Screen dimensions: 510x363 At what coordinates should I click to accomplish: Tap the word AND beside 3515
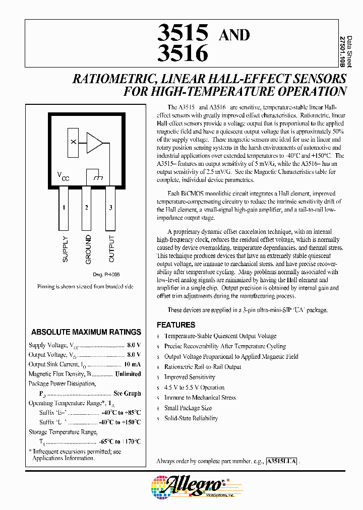click(x=233, y=35)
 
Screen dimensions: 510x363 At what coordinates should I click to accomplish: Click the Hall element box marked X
click(x=74, y=143)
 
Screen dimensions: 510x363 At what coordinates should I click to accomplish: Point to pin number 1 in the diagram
click(x=64, y=208)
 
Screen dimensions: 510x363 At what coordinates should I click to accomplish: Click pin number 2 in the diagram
click(x=87, y=208)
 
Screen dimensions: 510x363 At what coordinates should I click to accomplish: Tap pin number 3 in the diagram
click(x=110, y=208)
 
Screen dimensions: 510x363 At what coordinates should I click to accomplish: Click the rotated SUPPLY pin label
click(x=65, y=248)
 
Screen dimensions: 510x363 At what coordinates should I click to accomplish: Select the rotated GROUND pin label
click(x=88, y=249)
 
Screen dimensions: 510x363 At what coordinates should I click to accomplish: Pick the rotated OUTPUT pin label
click(x=111, y=248)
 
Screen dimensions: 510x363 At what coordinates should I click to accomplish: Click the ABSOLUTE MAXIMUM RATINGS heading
click(x=86, y=332)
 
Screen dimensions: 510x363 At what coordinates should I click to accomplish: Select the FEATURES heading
click(x=175, y=325)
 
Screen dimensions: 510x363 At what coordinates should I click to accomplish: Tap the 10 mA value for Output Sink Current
click(x=132, y=364)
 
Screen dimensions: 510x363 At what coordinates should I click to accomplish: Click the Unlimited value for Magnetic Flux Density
click(x=128, y=374)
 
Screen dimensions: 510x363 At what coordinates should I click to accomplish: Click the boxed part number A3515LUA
click(x=282, y=461)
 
